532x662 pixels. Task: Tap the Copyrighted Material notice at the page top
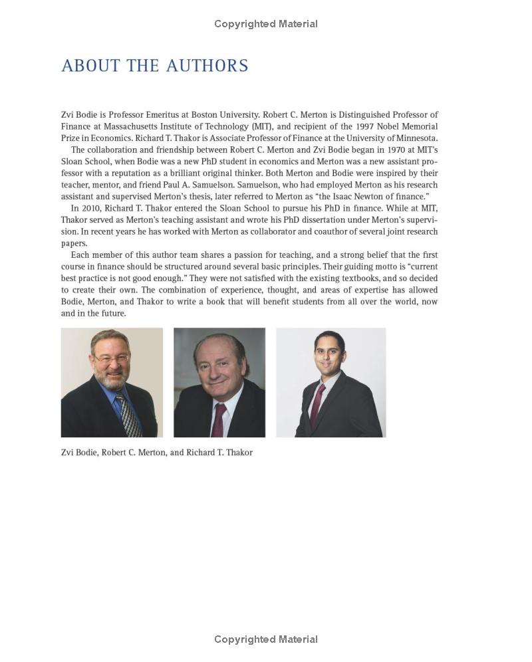265,24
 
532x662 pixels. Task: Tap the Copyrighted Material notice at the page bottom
265,639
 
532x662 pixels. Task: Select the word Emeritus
152,115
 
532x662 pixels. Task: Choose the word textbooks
364,278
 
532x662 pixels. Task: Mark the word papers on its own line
74,243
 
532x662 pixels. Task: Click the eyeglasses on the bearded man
110,358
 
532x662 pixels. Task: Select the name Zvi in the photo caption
67,453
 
